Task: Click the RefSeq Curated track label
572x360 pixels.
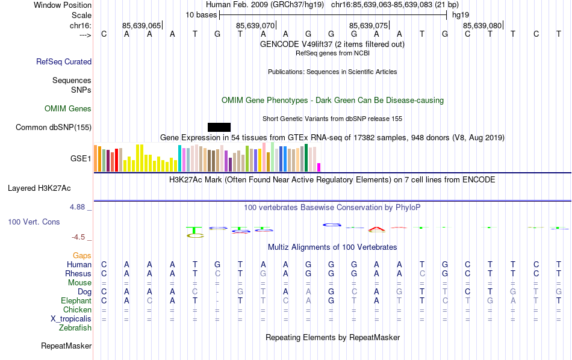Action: pos(64,61)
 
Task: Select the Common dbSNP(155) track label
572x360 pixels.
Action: pos(54,127)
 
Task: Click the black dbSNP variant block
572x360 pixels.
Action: pos(219,127)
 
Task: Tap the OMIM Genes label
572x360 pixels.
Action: pos(68,109)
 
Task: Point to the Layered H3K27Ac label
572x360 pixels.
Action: pos(39,188)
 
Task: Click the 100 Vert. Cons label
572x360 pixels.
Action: pos(34,222)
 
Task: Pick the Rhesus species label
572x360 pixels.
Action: pos(78,273)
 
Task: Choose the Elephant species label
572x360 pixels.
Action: pos(76,300)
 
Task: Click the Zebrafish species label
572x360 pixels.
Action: pos(75,327)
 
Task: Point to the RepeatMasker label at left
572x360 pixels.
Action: pos(66,346)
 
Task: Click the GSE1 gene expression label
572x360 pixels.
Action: pos(81,159)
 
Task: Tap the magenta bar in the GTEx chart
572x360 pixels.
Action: pos(319,167)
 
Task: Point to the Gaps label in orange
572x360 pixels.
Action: pos(82,256)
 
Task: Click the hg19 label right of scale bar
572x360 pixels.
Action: pos(461,14)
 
